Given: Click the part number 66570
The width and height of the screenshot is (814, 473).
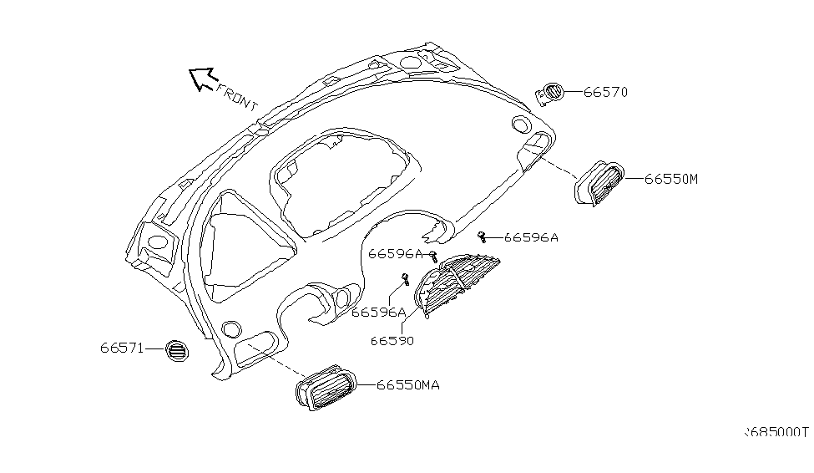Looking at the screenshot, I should click(605, 92).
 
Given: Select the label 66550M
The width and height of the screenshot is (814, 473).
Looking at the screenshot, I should click(670, 179).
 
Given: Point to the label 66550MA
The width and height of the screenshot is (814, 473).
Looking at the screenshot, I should click(407, 385).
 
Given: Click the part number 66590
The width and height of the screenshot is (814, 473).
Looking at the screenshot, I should click(392, 341).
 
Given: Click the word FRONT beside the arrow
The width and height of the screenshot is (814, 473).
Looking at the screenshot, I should click(237, 96).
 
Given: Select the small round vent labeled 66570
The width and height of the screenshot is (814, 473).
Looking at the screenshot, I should click(550, 94).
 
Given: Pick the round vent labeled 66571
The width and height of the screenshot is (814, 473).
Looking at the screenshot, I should click(177, 351).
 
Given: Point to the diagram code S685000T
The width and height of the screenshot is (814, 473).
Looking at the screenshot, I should click(777, 433).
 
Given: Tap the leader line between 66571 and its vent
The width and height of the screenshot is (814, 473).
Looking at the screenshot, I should click(154, 349).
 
